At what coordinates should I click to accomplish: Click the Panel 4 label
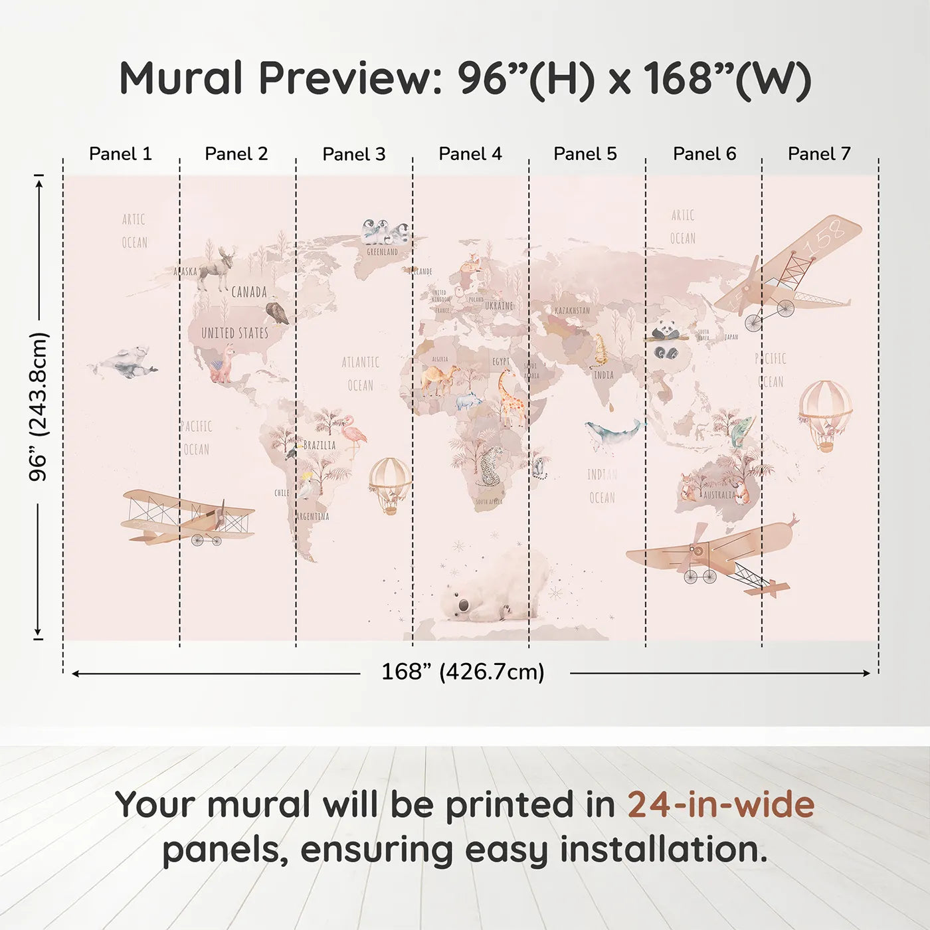[x=470, y=154]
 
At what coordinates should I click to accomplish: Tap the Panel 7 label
[x=818, y=154]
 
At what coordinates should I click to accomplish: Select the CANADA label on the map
[x=249, y=292]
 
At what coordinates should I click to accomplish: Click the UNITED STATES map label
[x=235, y=333]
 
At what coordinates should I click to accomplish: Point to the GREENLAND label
[x=382, y=252]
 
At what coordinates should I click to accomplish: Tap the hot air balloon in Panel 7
[x=825, y=414]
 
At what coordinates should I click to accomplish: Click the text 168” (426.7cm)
[x=462, y=672]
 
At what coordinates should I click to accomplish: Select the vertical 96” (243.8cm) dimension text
[x=39, y=407]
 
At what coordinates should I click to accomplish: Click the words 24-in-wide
[x=721, y=805]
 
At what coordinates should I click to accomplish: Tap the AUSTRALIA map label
[x=719, y=495]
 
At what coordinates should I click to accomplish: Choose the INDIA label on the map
[x=604, y=375]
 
